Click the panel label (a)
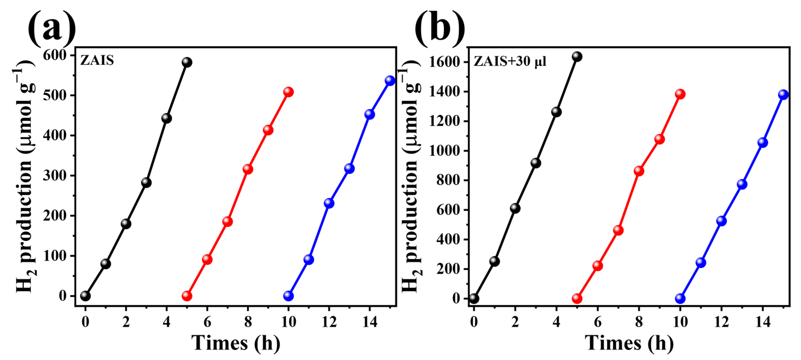point(52,28)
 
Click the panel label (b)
point(440,28)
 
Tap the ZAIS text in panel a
point(97,60)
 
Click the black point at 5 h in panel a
point(187,62)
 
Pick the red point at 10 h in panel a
point(288,92)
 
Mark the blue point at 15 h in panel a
point(390,80)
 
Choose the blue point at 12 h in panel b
point(722,221)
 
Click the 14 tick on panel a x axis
point(370,322)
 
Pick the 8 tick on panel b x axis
point(639,322)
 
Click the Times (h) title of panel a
point(235,343)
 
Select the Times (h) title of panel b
point(629,343)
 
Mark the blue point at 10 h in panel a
point(288,296)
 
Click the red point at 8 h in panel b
point(639,171)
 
